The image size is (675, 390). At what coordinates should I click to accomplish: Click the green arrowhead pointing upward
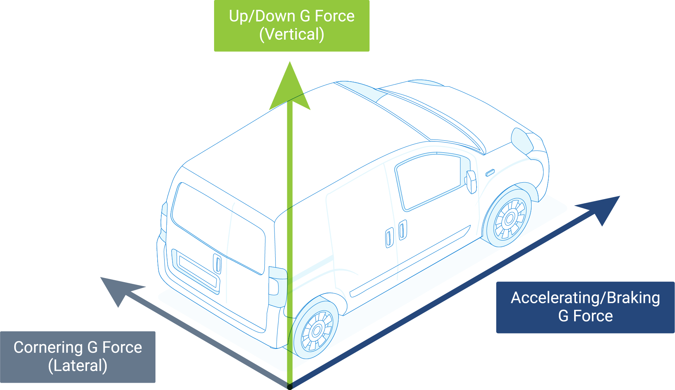point(290,86)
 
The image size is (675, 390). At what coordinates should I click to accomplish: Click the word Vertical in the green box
point(292,35)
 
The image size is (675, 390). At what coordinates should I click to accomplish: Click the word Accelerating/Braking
point(585,298)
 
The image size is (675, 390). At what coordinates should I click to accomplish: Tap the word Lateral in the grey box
point(78,366)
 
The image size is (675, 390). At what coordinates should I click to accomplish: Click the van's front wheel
point(509,219)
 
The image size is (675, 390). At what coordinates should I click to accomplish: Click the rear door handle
point(218,264)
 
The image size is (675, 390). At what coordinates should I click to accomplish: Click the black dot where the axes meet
point(290,387)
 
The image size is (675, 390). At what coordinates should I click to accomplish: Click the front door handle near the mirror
point(490,173)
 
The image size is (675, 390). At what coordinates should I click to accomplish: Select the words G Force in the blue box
point(585,316)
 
